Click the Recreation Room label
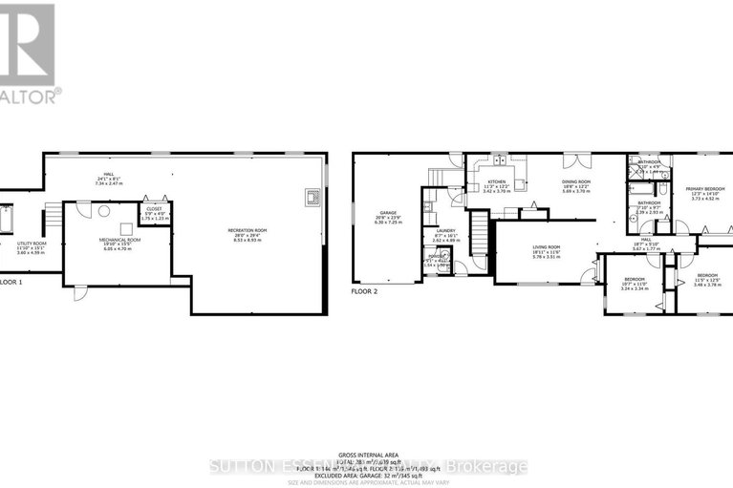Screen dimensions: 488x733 (x=247, y=233)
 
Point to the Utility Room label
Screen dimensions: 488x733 (x=32, y=246)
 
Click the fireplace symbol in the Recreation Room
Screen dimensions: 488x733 (x=311, y=198)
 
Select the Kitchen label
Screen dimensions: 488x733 (x=497, y=184)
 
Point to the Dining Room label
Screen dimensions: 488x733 (x=575, y=184)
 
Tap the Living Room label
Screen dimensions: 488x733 (x=547, y=250)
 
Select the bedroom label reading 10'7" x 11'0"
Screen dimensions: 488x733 (x=635, y=282)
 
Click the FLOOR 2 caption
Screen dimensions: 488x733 (x=366, y=290)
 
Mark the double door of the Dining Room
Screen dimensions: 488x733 (x=572, y=159)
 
